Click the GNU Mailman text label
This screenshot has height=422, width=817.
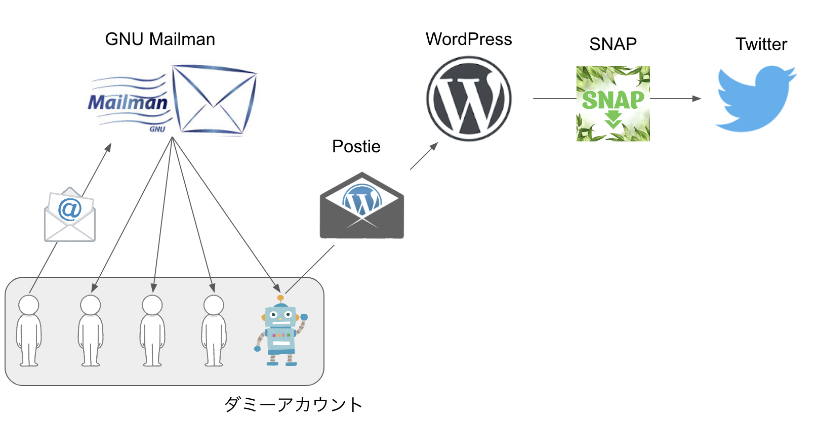coord(160,39)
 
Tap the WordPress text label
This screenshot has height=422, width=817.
coord(469,39)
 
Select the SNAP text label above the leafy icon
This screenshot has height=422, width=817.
coord(612,45)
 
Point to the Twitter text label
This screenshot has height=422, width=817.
coord(761,45)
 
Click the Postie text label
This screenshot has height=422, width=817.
coord(356,147)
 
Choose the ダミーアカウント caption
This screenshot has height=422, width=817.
coord(294,405)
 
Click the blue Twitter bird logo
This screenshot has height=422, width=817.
coord(755,99)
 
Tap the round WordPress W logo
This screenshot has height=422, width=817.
coord(469,99)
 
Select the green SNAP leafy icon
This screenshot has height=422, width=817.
coord(613,103)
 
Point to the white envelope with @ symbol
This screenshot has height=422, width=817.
coord(70,215)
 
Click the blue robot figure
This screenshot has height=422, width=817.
coord(281,331)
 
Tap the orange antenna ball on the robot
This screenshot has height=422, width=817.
coord(280,298)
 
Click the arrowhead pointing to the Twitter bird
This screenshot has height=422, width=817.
coord(697,99)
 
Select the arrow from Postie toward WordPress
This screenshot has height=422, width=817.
coord(424,156)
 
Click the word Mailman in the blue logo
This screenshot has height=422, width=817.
coord(128,103)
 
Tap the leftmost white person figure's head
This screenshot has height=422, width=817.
coord(29,305)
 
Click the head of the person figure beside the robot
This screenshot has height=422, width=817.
coord(214,305)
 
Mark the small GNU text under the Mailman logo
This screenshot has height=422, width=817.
coord(157,129)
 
